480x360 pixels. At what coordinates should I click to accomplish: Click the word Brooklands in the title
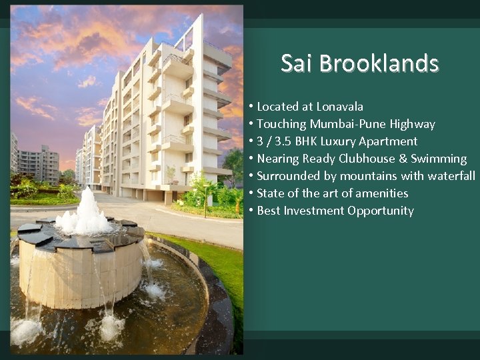point(379,63)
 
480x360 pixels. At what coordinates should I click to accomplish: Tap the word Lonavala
point(339,107)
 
